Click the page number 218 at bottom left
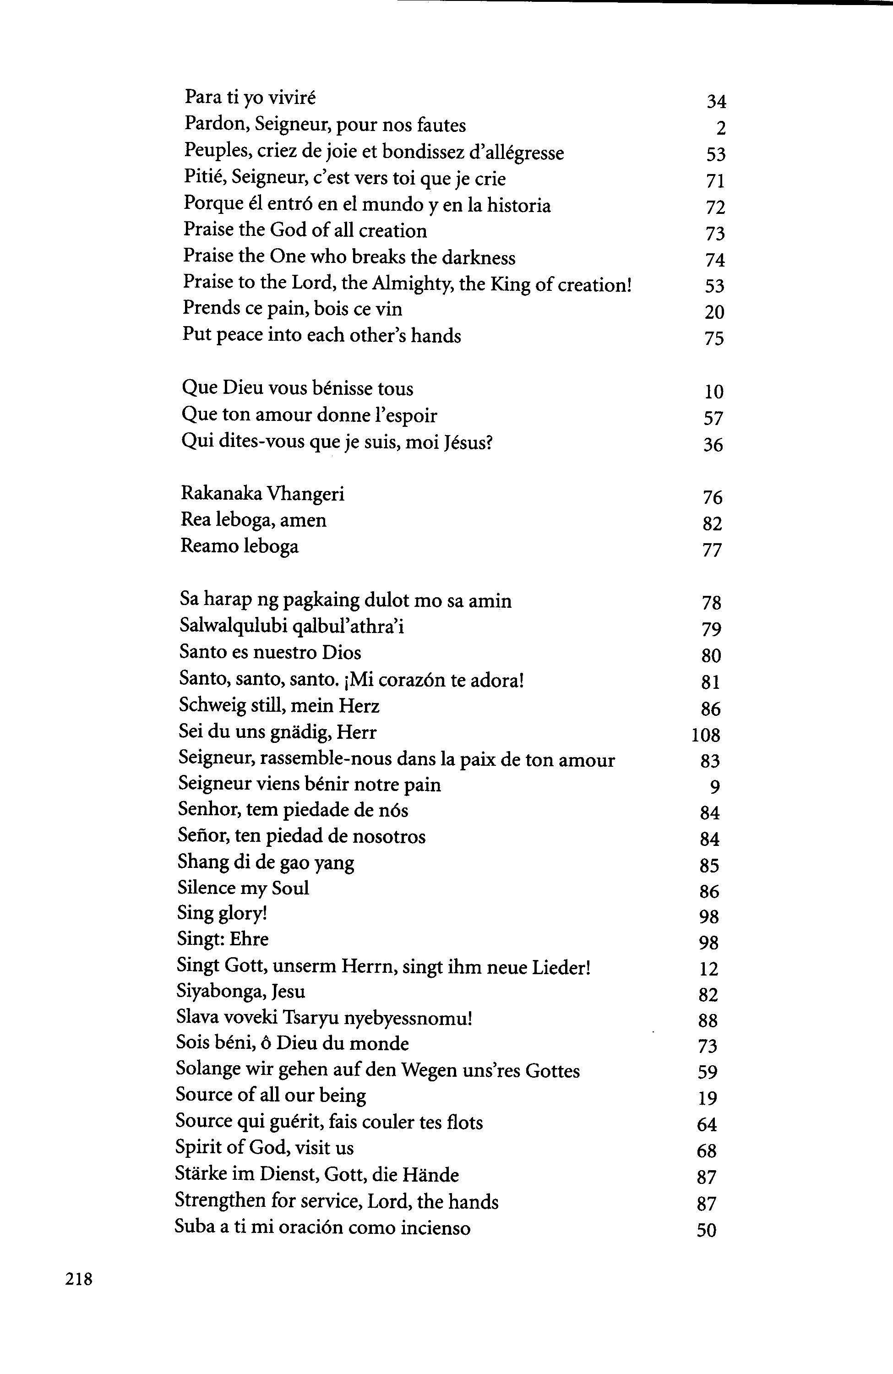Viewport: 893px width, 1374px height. pos(79,1279)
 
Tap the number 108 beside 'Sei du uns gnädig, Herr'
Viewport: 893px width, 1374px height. pos(705,735)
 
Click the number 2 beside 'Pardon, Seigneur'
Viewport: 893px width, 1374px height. pos(720,128)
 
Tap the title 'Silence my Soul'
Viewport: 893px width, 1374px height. pos(243,888)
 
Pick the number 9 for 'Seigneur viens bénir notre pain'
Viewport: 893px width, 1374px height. pos(715,787)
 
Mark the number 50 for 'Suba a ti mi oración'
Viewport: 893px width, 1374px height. pos(707,1231)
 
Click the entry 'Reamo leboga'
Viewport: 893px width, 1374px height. pos(240,546)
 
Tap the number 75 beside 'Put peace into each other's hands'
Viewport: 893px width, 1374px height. pos(714,338)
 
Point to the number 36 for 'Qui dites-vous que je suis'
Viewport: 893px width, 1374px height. pos(713,445)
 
